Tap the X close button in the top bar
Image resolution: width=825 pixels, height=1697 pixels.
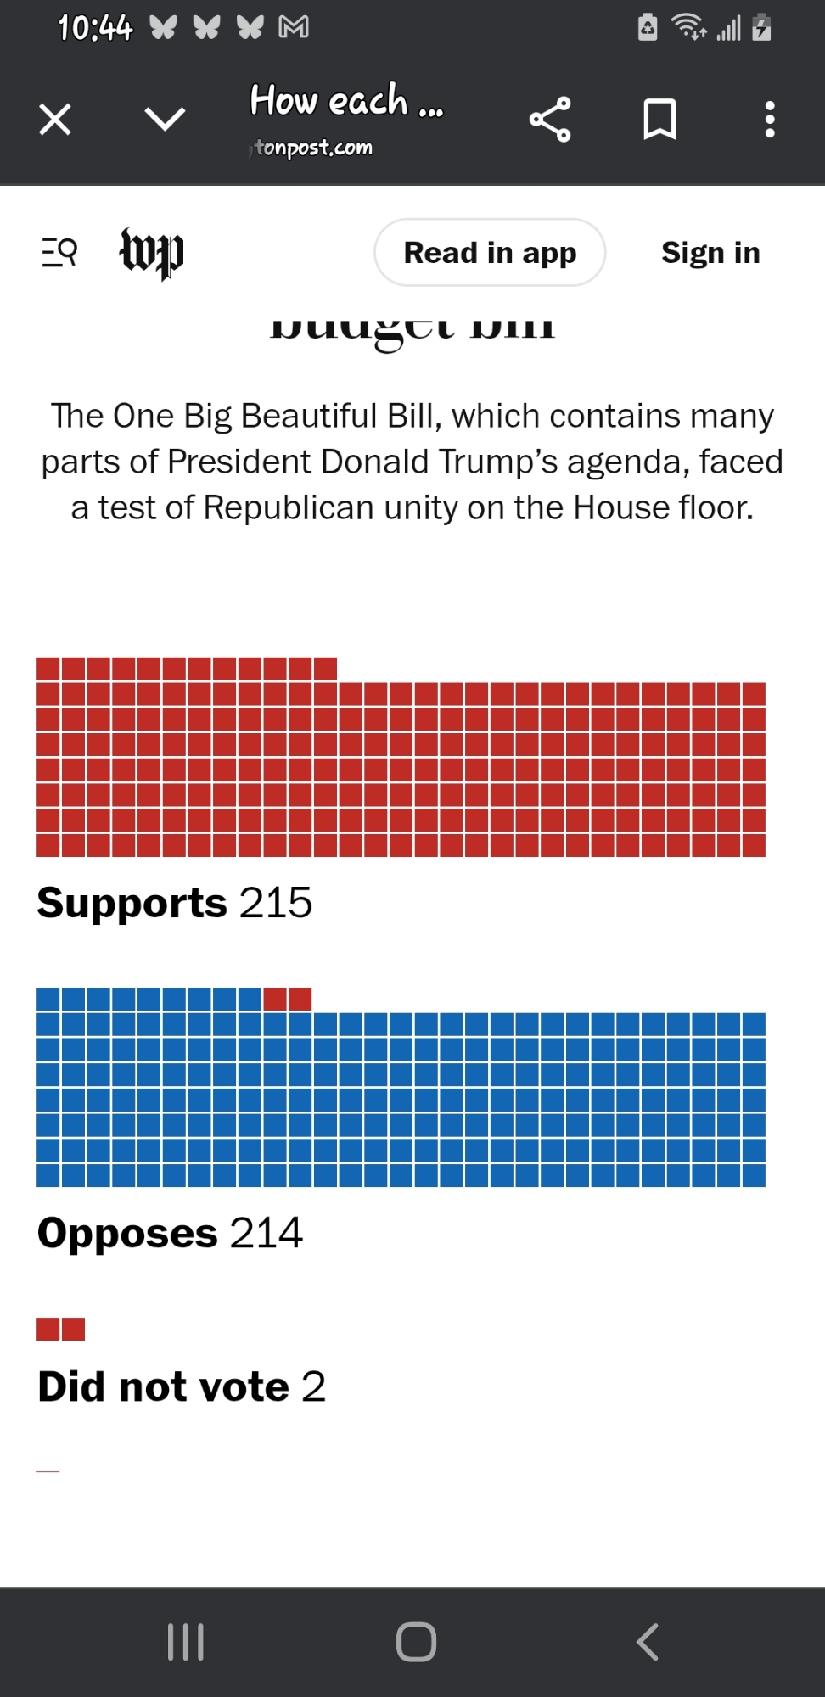click(55, 120)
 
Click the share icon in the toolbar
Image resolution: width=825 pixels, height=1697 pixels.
click(550, 120)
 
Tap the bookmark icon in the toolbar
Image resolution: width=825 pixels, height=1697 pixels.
click(659, 120)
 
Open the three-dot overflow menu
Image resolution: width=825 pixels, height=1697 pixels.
click(770, 120)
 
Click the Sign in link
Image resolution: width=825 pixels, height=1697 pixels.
click(710, 253)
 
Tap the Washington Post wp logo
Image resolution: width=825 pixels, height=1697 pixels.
click(151, 253)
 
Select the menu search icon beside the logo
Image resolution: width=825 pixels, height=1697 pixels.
click(59, 253)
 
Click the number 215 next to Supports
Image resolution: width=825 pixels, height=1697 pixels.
click(276, 903)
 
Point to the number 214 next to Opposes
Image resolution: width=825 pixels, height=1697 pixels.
click(266, 1233)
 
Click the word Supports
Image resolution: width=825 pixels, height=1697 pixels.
click(132, 903)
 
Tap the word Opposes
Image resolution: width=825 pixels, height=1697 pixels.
click(127, 1233)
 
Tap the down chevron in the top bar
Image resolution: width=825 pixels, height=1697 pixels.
click(165, 120)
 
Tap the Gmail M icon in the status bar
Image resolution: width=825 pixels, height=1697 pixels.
click(294, 28)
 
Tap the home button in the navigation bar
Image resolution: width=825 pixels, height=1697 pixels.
click(416, 1642)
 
